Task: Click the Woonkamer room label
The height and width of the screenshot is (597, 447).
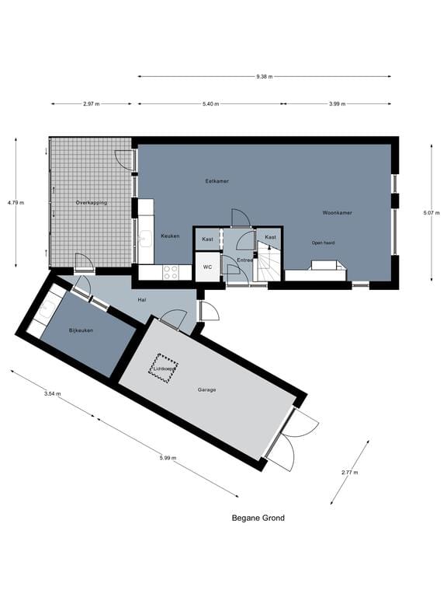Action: [x=338, y=211]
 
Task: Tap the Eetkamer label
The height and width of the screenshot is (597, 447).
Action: [x=217, y=181]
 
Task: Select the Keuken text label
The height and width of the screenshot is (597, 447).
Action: [x=170, y=236]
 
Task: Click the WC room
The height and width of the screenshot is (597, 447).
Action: [x=207, y=267]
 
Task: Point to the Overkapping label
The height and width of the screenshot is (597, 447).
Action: [x=91, y=203]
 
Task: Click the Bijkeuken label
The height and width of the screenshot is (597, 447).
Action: [x=81, y=330]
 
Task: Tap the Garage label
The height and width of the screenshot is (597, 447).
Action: [x=206, y=389]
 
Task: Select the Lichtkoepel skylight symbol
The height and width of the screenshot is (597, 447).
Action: [x=163, y=367]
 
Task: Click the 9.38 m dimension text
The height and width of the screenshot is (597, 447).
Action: [x=264, y=76]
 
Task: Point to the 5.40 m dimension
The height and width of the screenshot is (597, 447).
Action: [x=210, y=103]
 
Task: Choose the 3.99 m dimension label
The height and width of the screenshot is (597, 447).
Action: [x=337, y=103]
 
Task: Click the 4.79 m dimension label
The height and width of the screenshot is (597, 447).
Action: [x=16, y=203]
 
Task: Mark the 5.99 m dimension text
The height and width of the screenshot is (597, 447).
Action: [x=168, y=458]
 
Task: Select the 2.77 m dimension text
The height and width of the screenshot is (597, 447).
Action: [x=349, y=472]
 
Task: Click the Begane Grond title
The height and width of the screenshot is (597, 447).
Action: [x=258, y=518]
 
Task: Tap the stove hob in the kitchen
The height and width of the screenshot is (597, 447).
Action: [x=171, y=272]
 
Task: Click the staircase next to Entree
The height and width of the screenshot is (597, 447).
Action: [x=269, y=264]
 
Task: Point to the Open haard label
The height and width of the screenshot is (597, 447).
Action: [x=324, y=242]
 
